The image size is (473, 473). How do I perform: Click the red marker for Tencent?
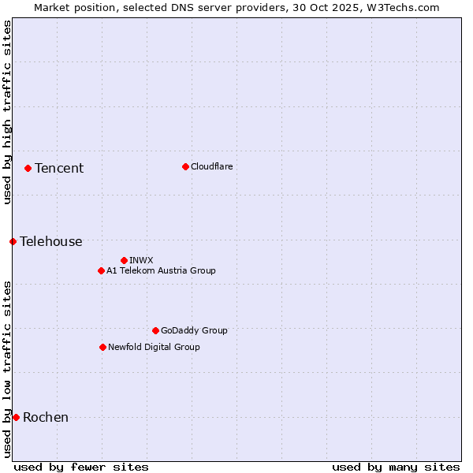[28, 168]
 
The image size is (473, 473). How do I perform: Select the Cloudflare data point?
[185, 166]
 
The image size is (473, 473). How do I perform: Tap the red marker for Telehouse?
[13, 241]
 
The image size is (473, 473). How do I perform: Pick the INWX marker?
[124, 260]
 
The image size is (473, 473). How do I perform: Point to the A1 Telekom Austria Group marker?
[101, 270]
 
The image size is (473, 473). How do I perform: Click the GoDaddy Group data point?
[155, 330]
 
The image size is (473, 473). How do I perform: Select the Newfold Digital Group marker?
[102, 347]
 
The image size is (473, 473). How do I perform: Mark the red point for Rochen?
[16, 417]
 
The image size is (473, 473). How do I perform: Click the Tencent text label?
[59, 168]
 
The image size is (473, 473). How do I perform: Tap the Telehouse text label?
[51, 241]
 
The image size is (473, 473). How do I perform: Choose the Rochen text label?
[46, 417]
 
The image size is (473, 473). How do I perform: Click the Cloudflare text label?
[212, 166]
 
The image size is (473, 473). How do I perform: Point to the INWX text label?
[141, 260]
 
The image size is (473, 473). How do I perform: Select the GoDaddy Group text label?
[194, 330]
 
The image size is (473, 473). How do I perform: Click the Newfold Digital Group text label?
[154, 347]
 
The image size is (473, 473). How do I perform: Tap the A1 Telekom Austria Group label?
[161, 270]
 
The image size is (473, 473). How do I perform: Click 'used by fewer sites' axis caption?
[81, 467]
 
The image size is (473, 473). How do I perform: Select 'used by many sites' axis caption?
[396, 467]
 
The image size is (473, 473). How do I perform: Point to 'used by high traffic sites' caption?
[7, 112]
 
